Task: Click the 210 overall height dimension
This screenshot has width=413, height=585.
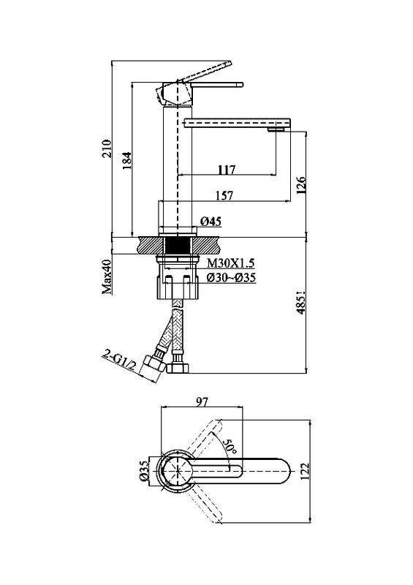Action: (107, 148)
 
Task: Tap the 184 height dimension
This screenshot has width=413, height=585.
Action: (127, 160)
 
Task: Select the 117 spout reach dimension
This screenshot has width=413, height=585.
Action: (227, 170)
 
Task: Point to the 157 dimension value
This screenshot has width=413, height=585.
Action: (224, 195)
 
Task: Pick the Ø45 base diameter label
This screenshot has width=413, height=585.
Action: (211, 222)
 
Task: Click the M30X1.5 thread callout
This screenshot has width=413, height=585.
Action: (230, 263)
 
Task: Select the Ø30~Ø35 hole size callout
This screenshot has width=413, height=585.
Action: (231, 278)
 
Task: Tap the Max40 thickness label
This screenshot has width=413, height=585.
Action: (107, 276)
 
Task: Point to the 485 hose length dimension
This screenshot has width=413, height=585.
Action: (301, 303)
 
